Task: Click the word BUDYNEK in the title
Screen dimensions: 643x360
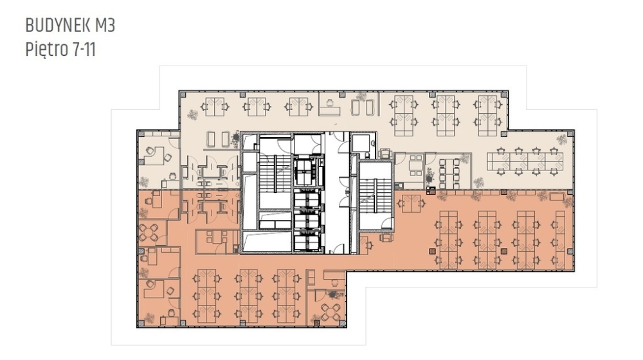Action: click(x=59, y=26)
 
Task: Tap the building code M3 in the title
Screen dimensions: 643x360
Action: click(x=105, y=26)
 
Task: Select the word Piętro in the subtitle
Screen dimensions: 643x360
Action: click(x=47, y=50)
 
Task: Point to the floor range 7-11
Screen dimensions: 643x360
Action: click(x=84, y=50)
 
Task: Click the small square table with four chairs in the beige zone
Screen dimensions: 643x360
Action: click(x=416, y=165)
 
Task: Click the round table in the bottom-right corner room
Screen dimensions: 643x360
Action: click(x=331, y=312)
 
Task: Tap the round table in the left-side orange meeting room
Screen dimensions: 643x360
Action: click(x=148, y=233)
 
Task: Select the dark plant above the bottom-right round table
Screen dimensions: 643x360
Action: click(x=332, y=294)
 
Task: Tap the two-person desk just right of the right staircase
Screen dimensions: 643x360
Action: click(x=413, y=204)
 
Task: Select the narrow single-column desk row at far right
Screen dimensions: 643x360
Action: click(x=560, y=239)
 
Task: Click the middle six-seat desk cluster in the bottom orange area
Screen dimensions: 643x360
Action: click(x=248, y=295)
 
